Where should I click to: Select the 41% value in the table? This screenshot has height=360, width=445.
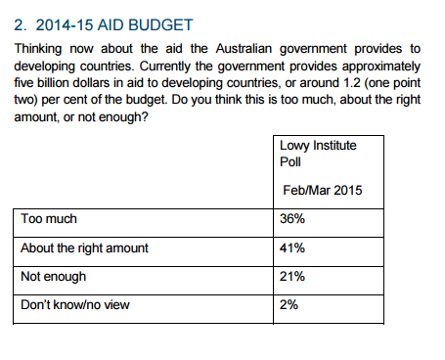[x=292, y=248]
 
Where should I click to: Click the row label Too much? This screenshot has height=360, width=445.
[x=49, y=218]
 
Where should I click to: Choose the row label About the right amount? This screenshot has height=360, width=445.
[x=84, y=248]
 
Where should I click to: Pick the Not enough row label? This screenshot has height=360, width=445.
[x=54, y=277]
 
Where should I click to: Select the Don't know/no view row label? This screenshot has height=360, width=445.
[x=75, y=305]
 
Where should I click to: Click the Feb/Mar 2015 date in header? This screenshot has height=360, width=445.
[x=323, y=190]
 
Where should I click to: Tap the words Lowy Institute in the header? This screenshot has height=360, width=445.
[x=318, y=146]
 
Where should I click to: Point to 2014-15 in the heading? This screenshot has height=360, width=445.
[x=65, y=25]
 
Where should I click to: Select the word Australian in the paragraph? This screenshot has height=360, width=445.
[x=244, y=49]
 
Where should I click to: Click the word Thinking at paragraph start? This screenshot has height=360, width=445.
[x=38, y=49]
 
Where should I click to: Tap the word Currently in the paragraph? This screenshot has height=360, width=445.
[x=164, y=67]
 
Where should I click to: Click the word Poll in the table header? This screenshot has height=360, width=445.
[x=290, y=161]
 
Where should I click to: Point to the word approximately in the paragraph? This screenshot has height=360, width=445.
[x=381, y=67]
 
